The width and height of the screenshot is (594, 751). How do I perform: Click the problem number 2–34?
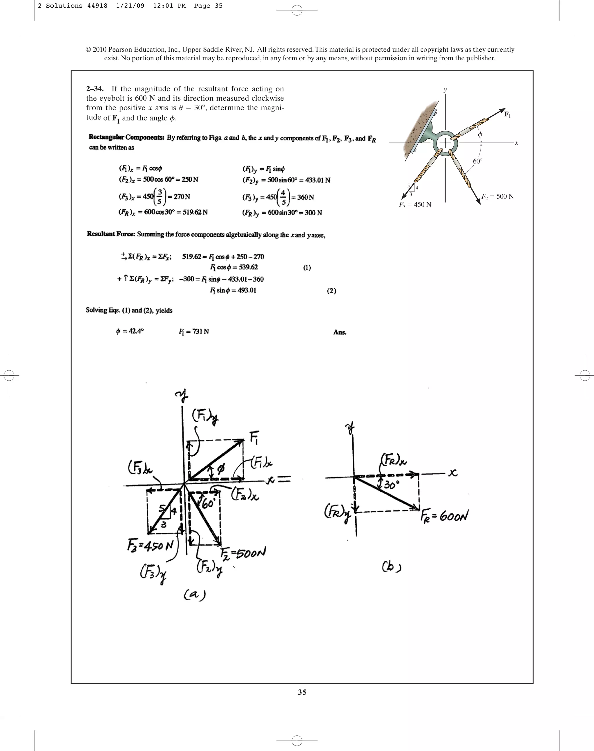pyautogui.click(x=94, y=89)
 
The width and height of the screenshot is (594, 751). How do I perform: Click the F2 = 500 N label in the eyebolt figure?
pyautogui.click(x=497, y=197)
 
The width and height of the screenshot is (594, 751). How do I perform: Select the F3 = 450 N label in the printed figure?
pyautogui.click(x=415, y=205)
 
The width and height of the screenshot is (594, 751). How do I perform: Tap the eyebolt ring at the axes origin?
pyautogui.click(x=445, y=143)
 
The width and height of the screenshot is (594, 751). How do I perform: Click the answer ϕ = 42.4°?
pyautogui.click(x=130, y=331)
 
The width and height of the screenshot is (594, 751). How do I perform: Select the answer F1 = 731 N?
pyautogui.click(x=194, y=332)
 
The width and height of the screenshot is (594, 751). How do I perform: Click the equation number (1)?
pyautogui.click(x=307, y=267)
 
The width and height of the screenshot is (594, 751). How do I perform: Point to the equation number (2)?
pyautogui.click(x=332, y=291)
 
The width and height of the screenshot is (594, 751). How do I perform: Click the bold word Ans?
pyautogui.click(x=340, y=332)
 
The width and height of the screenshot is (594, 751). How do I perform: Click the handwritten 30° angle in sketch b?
pyautogui.click(x=392, y=484)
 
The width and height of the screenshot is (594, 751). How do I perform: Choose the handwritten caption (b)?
pyautogui.click(x=392, y=567)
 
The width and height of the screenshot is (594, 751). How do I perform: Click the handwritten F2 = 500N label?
pyautogui.click(x=243, y=552)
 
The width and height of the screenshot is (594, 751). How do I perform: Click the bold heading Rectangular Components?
pyautogui.click(x=126, y=137)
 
